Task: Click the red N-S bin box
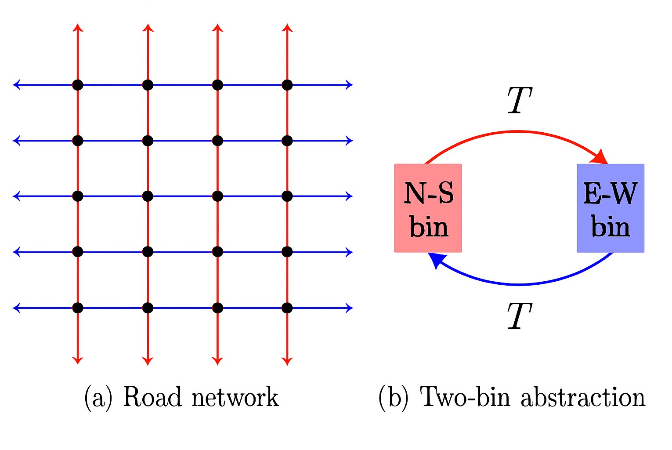tap(428, 208)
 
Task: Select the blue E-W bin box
tap(610, 208)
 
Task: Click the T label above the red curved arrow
tap(519, 100)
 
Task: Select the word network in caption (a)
tap(235, 398)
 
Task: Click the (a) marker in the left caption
tap(98, 398)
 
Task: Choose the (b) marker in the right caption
tap(393, 398)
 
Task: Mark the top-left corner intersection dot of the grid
tap(78, 85)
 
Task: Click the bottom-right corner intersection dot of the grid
tap(287, 308)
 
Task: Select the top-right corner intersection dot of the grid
tap(287, 85)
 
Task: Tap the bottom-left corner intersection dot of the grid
tap(78, 308)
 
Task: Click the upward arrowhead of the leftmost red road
tap(78, 28)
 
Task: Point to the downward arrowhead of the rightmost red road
tap(287, 361)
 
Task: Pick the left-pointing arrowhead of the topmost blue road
tap(17, 84)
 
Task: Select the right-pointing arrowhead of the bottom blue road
tap(349, 308)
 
